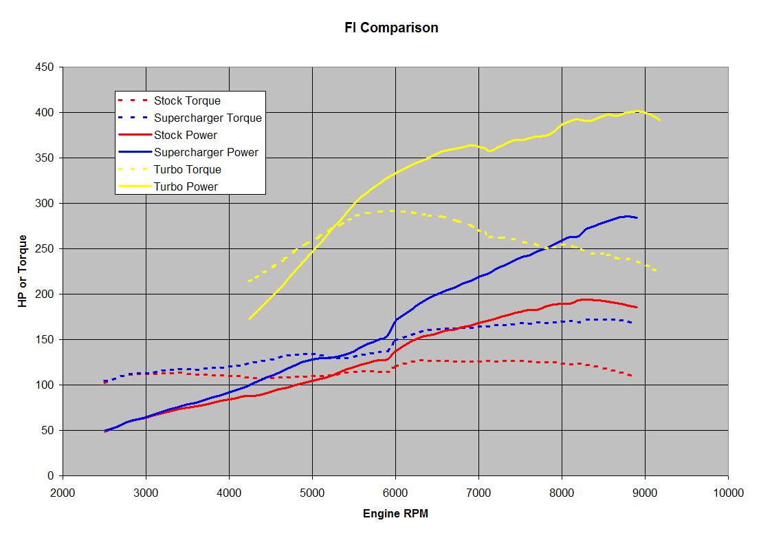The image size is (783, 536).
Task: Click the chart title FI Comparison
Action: pyautogui.click(x=391, y=28)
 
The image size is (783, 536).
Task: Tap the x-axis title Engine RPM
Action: pyautogui.click(x=395, y=513)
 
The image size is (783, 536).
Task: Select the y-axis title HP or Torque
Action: pyautogui.click(x=23, y=271)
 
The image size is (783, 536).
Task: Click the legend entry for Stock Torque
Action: pyautogui.click(x=187, y=101)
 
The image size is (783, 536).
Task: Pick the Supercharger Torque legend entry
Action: pyautogui.click(x=208, y=118)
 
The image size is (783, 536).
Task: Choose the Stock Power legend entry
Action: pyautogui.click(x=186, y=136)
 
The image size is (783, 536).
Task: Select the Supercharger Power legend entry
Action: pyautogui.click(x=206, y=153)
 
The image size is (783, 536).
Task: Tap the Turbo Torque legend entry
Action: pyautogui.click(x=187, y=170)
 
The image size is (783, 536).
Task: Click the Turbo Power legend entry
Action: pyautogui.click(x=186, y=186)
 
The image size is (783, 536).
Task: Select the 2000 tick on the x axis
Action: pyautogui.click(x=63, y=493)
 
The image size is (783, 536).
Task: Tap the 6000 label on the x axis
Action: pyautogui.click(x=395, y=493)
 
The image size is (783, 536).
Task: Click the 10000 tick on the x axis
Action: pyautogui.click(x=728, y=493)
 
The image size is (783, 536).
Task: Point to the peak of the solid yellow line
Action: pyautogui.click(x=637, y=111)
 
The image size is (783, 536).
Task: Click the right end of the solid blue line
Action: pyautogui.click(x=637, y=218)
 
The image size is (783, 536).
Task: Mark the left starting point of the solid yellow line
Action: pyautogui.click(x=250, y=319)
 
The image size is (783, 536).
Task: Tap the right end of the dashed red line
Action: pyautogui.click(x=631, y=376)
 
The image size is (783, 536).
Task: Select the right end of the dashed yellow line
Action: pyautogui.click(x=658, y=271)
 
